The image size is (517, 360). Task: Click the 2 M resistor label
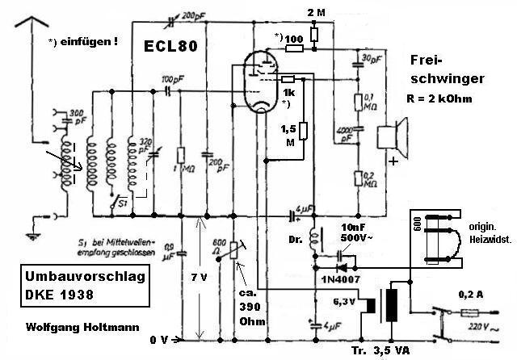[317, 13]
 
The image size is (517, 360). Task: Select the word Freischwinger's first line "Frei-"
[425, 60]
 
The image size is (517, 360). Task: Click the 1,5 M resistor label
[288, 136]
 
